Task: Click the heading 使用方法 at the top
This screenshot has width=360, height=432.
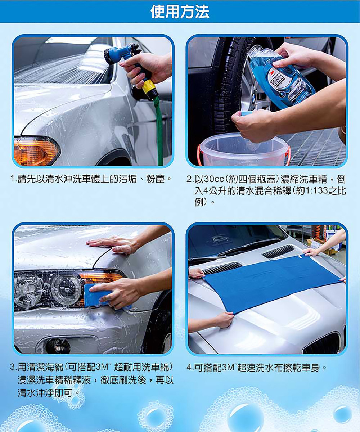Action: [x=180, y=12]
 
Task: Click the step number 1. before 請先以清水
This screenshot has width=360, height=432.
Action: [x=14, y=179]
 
